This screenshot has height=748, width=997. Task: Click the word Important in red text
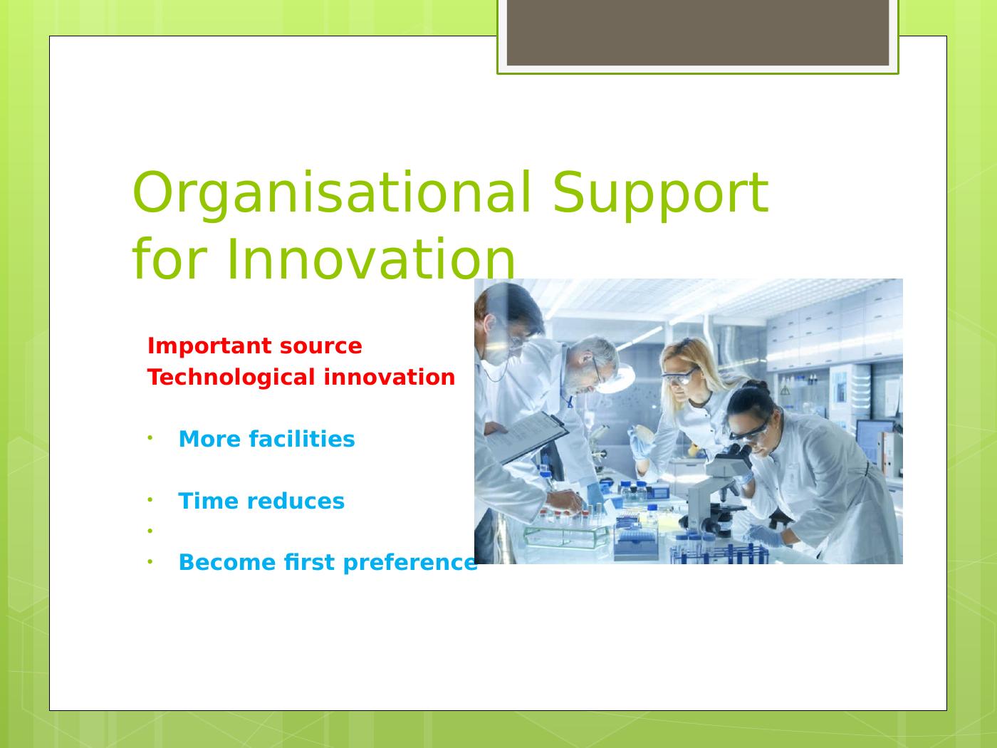(209, 347)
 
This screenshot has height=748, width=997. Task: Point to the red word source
(321, 347)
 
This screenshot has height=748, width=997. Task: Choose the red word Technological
(231, 378)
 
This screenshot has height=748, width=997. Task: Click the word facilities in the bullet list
(302, 439)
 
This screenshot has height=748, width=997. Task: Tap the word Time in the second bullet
(207, 502)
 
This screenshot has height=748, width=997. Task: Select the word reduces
(296, 502)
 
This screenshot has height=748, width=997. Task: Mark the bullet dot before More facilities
(150, 438)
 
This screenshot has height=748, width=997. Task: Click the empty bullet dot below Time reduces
(150, 531)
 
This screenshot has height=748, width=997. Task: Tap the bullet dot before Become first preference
(150, 562)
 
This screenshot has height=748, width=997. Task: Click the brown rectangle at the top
(698, 33)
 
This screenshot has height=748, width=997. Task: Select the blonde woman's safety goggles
(680, 375)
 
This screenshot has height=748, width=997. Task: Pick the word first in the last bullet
(309, 562)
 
